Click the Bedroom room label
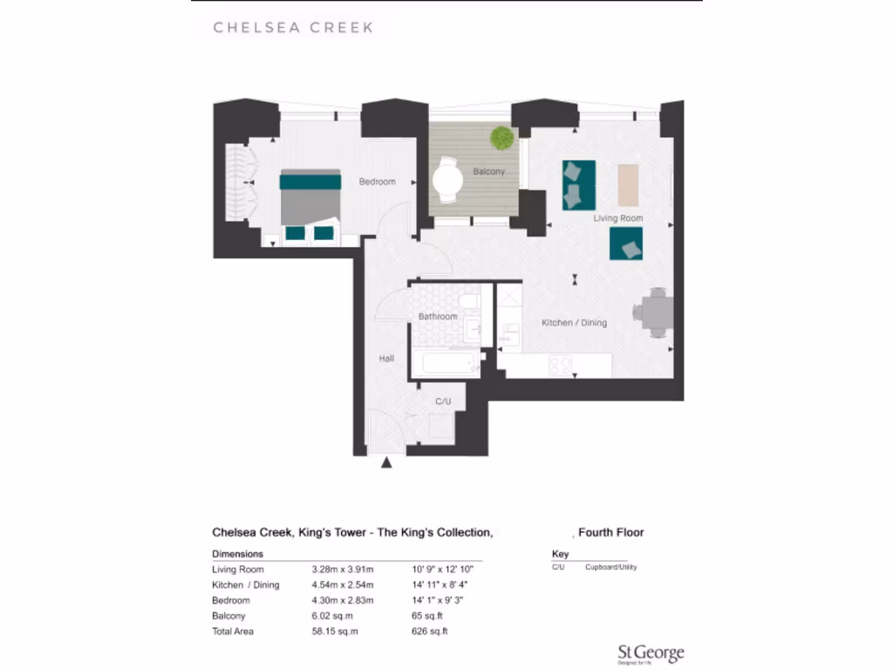pos(377,182)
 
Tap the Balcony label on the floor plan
pos(488,172)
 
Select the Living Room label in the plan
pos(617,218)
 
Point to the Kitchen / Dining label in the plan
pos(574,323)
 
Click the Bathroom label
pos(437,317)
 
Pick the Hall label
pos(386,359)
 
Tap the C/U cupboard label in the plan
pos(442,402)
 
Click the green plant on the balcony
pos(501,137)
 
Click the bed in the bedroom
pos(310,199)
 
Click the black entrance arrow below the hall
pos(387,463)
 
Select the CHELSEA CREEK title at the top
pos(293,28)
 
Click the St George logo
pos(650,654)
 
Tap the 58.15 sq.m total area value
pos(335,632)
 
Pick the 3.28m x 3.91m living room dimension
pos(342,569)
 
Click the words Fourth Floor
pos(611,532)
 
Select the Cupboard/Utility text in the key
pos(610,567)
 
